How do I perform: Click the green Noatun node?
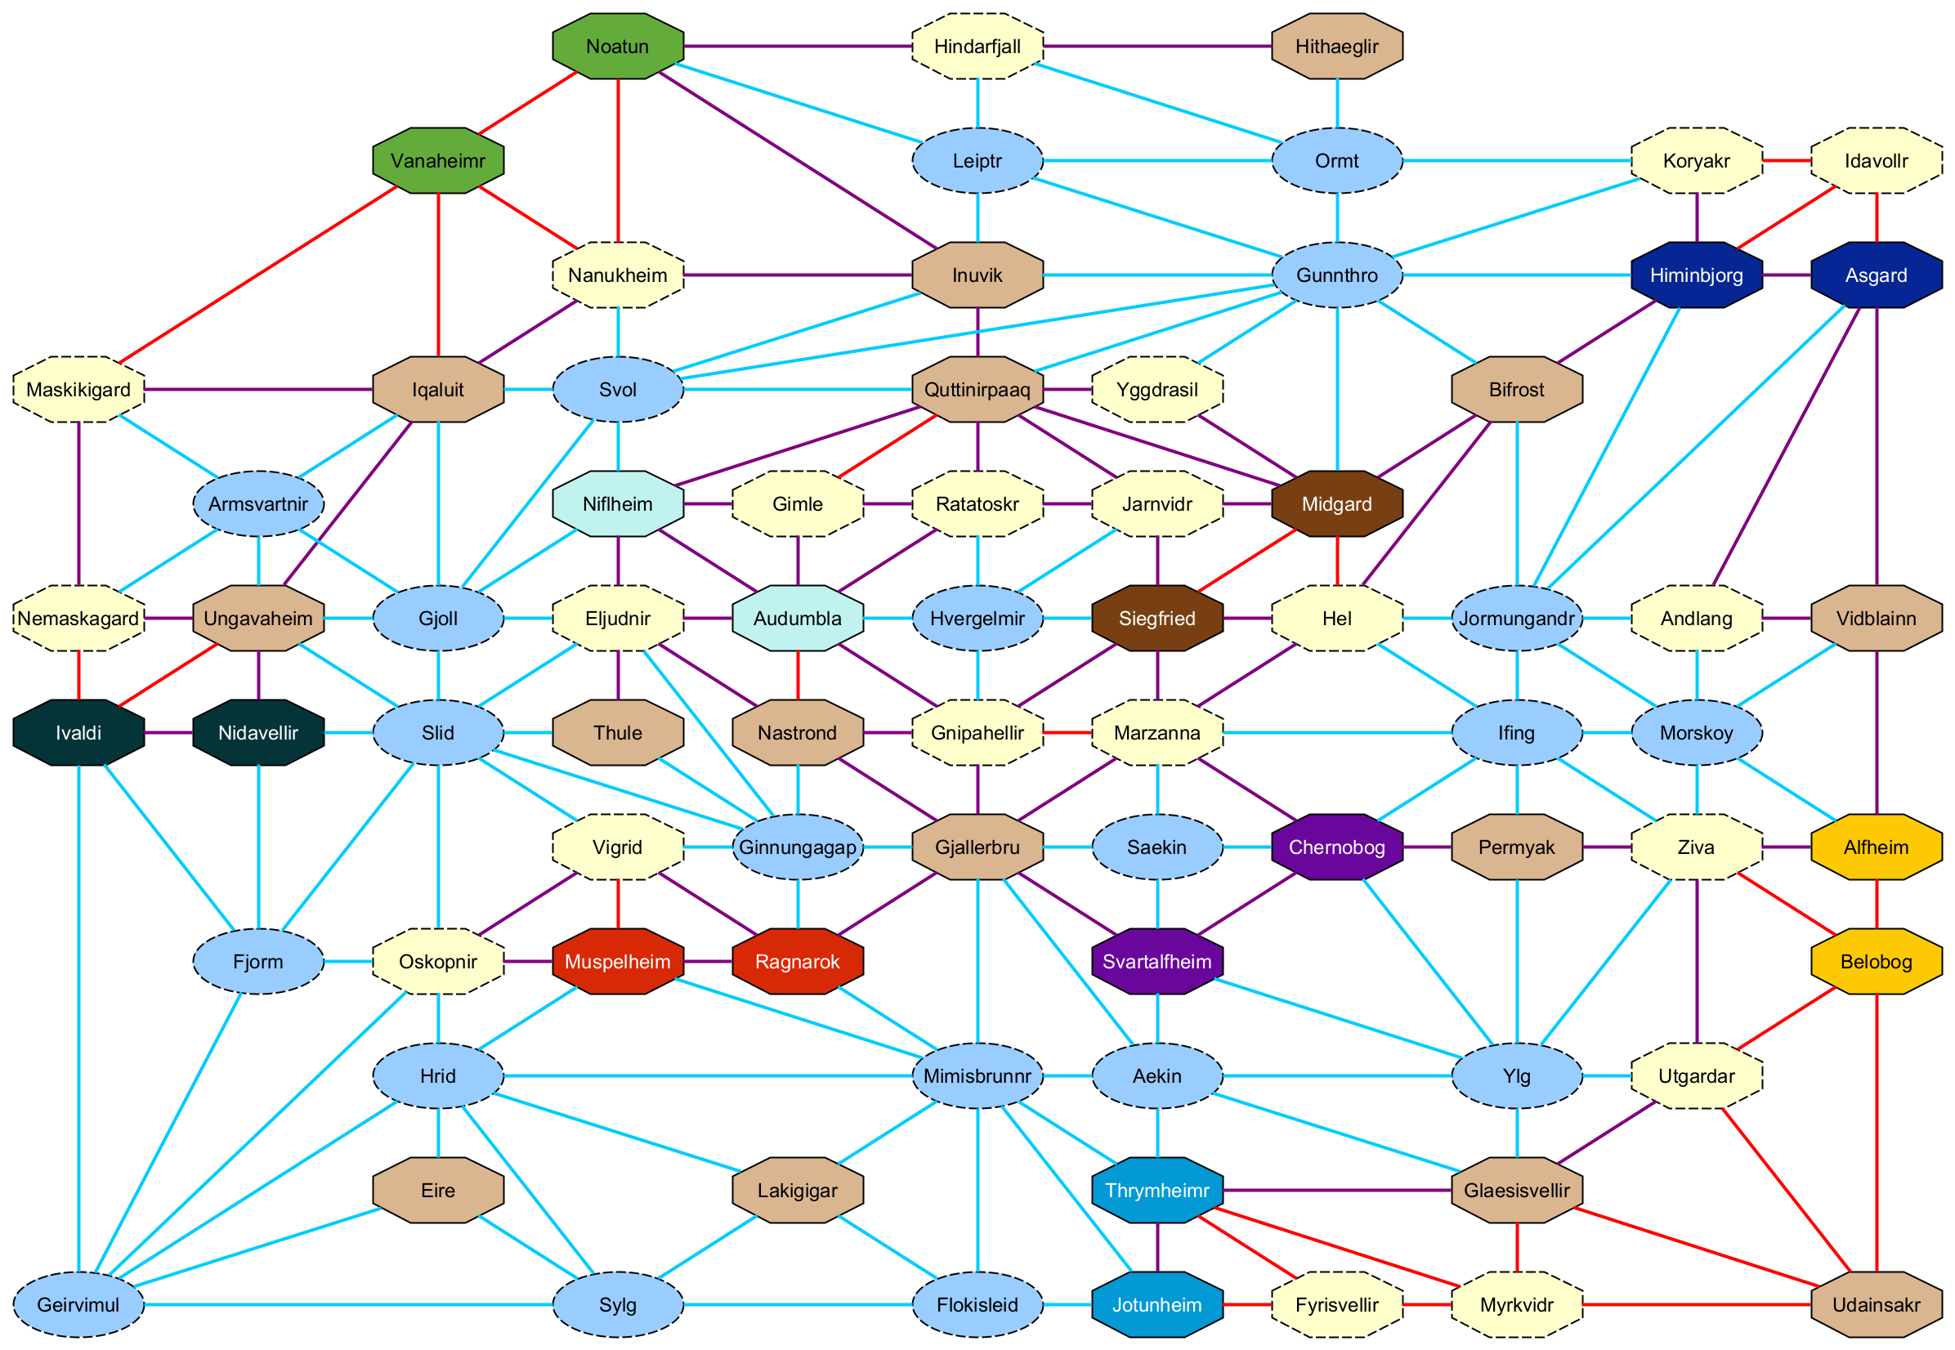618,46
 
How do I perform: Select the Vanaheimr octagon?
438,161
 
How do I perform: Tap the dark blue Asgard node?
1876,275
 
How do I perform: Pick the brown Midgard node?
1336,504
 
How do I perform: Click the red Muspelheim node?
618,962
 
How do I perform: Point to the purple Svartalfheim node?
1156,962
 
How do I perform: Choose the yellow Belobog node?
1876,962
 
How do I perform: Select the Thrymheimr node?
1156,1190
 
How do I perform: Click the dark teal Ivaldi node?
78,732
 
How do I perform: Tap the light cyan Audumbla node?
798,619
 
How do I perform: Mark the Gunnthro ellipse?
1336,275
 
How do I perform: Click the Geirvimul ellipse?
78,1304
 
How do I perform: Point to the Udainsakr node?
1876,1304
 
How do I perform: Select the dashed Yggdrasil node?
1156,390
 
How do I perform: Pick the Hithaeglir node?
1336,46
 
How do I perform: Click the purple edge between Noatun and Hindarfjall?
798,46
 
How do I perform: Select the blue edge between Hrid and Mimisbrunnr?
707,1076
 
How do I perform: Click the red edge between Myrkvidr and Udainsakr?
1696,1304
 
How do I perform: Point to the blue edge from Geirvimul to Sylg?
347,1304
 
